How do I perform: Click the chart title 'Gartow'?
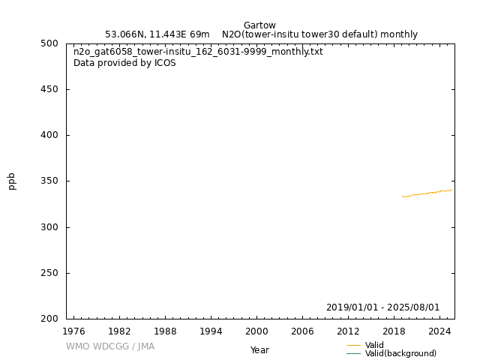[x=259, y=25]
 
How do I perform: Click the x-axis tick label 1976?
[x=73, y=331]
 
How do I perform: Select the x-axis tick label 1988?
[x=165, y=331]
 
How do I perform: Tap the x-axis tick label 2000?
[x=256, y=331]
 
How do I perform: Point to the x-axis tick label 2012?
[x=348, y=331]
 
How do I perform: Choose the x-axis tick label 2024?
[x=439, y=331]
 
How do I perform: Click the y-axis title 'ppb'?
[x=12, y=181]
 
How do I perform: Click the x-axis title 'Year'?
[x=259, y=350]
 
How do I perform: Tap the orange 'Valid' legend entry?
[x=374, y=345]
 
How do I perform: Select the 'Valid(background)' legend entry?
[x=400, y=354]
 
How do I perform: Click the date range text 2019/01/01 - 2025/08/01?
[x=382, y=307]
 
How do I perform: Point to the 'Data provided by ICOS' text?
[x=124, y=63]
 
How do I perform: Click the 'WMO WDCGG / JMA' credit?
[x=110, y=346]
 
